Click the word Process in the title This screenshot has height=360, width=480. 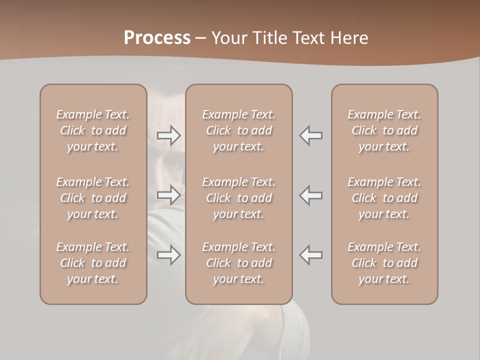point(157,38)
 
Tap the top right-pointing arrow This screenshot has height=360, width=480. point(169,135)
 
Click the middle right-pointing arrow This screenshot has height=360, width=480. point(169,194)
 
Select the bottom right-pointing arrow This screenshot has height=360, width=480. point(169,255)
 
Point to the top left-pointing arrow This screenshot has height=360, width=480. point(310,135)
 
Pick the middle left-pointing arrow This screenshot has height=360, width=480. point(310,194)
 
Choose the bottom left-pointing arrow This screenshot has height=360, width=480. point(310,255)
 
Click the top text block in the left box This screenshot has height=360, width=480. point(93,130)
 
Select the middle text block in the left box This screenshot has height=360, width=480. point(93,197)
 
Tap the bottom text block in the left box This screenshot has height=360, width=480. point(93,263)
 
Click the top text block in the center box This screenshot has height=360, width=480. point(238,130)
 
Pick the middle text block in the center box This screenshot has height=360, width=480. point(238,197)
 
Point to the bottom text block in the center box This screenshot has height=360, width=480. point(238,263)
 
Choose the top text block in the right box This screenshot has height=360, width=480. point(384,130)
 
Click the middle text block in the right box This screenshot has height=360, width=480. point(384,197)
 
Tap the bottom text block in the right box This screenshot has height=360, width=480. point(384,263)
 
